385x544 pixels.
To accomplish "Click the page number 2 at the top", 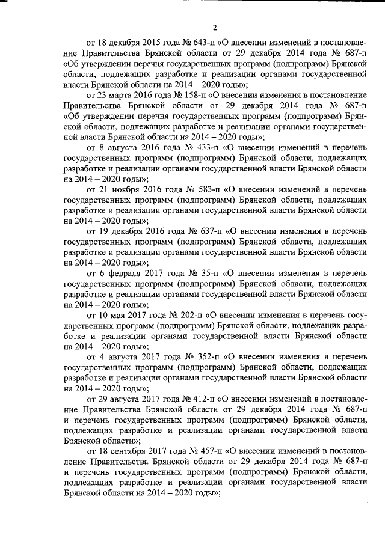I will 214,26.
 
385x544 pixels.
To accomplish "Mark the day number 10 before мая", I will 105,314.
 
